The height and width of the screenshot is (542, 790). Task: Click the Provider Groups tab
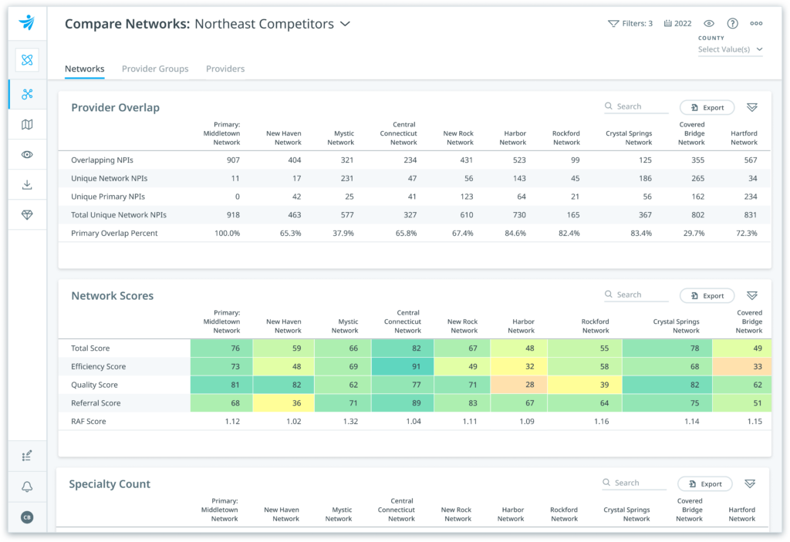pyautogui.click(x=155, y=69)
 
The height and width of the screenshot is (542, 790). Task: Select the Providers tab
pyautogui.click(x=225, y=69)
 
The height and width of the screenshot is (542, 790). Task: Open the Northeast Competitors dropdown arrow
pyautogui.click(x=346, y=24)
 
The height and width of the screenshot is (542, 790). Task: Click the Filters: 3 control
pyautogui.click(x=630, y=24)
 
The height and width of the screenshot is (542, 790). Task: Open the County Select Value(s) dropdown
pyautogui.click(x=730, y=49)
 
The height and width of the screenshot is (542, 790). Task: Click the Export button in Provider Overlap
pyautogui.click(x=707, y=108)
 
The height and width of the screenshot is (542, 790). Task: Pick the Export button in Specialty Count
pyautogui.click(x=705, y=484)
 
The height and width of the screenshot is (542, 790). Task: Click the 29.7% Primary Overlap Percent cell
pyautogui.click(x=692, y=233)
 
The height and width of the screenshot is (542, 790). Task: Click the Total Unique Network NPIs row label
pyautogui.click(x=118, y=215)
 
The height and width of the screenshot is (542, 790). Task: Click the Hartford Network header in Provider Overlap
pyautogui.click(x=744, y=137)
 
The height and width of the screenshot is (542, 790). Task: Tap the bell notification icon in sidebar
pyautogui.click(x=27, y=486)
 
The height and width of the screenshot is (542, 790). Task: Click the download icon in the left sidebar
pyautogui.click(x=27, y=185)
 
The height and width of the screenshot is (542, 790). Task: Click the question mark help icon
pyautogui.click(x=732, y=24)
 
